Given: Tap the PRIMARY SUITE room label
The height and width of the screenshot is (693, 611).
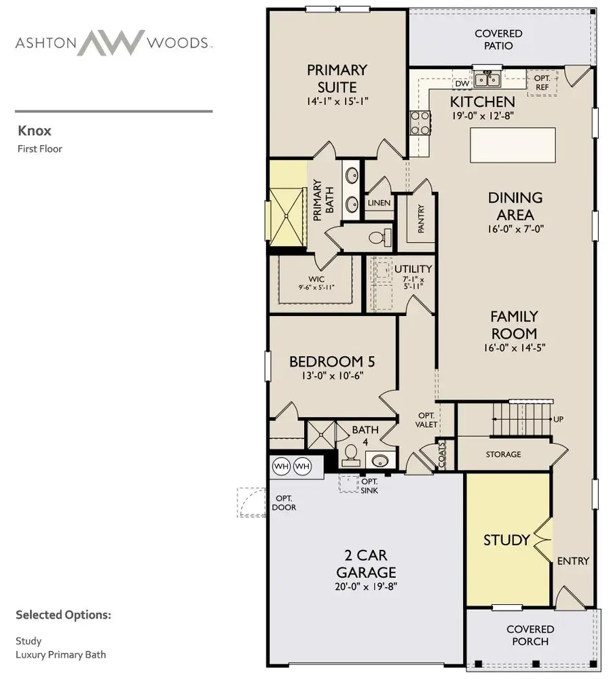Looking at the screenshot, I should click(x=337, y=78).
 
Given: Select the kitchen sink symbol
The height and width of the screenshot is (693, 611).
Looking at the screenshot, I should click(x=487, y=80).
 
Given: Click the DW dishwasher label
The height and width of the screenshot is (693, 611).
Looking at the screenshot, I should click(x=462, y=83).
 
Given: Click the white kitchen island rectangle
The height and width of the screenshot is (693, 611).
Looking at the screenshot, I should click(x=513, y=144).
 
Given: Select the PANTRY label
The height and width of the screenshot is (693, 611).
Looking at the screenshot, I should click(x=421, y=219).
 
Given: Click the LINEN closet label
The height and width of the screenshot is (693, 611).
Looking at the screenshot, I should click(x=379, y=203).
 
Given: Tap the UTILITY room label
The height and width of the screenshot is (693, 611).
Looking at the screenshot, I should click(x=413, y=270).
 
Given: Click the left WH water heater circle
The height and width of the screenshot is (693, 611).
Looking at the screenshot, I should click(x=282, y=467).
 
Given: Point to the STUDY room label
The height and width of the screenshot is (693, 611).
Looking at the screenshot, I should click(x=506, y=540).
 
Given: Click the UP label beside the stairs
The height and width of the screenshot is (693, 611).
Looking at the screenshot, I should click(x=558, y=419).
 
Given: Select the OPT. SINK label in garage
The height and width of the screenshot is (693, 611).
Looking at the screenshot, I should click(x=370, y=486).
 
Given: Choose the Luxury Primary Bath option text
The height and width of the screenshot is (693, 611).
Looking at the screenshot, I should click(x=60, y=654).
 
